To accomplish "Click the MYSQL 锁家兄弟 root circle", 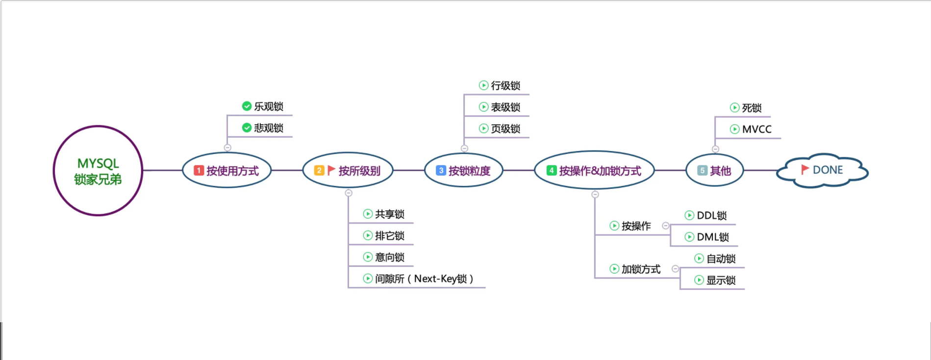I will point(98,171).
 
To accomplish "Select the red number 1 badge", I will point(199,170).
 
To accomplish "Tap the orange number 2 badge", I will point(319,170).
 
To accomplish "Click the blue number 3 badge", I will point(441,170).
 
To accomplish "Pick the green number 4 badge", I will point(552,170).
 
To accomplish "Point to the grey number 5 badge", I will point(702,170).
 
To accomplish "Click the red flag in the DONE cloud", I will point(805,170).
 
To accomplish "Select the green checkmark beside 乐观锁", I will point(247,106).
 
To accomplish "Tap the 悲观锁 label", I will point(269,128).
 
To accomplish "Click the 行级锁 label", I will point(505,86).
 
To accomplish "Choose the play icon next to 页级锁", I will point(483,129).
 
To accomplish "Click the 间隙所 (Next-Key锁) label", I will point(424,279).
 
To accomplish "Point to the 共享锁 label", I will point(390,214).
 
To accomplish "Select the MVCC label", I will point(756,129).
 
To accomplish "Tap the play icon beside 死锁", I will point(734,108).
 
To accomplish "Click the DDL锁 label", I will point(712,215).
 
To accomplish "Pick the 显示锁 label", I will point(721,280).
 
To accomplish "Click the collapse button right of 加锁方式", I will point(675,269).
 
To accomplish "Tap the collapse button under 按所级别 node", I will point(349,193).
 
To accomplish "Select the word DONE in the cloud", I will point(828,170).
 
